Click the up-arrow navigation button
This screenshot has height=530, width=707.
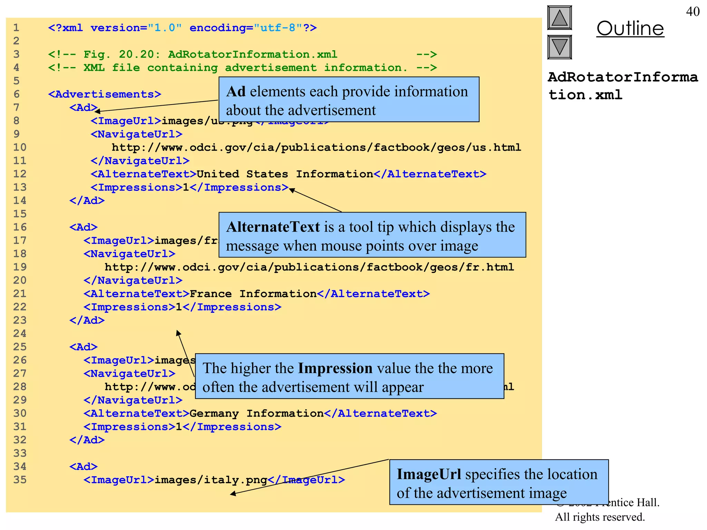(x=559, y=18)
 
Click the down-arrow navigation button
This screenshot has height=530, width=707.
(x=559, y=47)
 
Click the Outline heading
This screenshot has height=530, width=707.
(x=630, y=29)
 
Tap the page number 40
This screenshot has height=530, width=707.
(x=693, y=12)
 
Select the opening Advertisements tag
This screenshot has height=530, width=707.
(x=105, y=94)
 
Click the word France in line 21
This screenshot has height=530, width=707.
(x=211, y=294)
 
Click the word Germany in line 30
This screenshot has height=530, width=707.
(x=214, y=413)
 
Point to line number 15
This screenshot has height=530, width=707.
(x=20, y=214)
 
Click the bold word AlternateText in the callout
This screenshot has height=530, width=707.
(x=273, y=227)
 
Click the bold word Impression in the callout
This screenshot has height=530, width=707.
(x=335, y=368)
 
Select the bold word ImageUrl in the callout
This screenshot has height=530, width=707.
(x=428, y=474)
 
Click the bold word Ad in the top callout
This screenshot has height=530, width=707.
(x=236, y=92)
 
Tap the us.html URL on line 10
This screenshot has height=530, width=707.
(x=316, y=148)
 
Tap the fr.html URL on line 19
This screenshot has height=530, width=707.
(x=309, y=267)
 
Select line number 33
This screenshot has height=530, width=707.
(x=20, y=453)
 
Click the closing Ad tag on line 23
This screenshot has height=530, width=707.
(x=87, y=321)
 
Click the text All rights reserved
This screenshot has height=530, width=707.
(x=600, y=517)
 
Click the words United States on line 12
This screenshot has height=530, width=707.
(x=242, y=174)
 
